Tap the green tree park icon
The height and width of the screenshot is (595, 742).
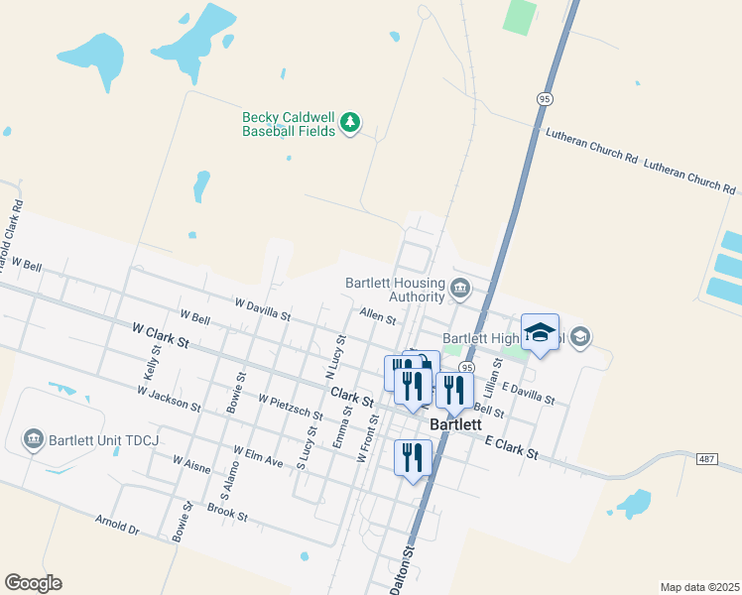tap(349, 123)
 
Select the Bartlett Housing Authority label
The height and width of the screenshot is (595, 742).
tap(395, 290)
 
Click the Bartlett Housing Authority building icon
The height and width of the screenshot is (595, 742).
tap(459, 290)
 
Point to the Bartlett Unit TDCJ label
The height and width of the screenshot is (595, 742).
tap(102, 439)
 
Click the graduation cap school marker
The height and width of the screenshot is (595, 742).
tap(540, 333)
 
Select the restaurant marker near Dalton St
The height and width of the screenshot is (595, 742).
tap(413, 458)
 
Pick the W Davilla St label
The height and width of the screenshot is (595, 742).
tap(262, 309)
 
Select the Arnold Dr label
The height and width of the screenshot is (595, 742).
tap(118, 524)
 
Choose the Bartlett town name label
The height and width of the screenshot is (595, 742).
tap(455, 424)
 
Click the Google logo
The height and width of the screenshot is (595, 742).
tap(33, 583)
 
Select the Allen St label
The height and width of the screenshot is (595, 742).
tap(378, 318)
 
